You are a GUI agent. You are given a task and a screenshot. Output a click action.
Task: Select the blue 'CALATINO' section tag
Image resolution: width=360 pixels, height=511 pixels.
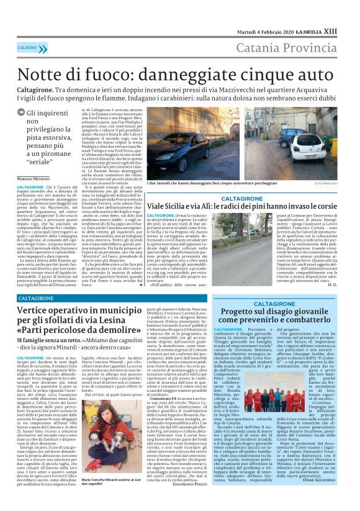(27, 47)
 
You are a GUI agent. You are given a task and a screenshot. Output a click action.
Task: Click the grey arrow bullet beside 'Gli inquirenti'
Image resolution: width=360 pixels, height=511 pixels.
(22, 113)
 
